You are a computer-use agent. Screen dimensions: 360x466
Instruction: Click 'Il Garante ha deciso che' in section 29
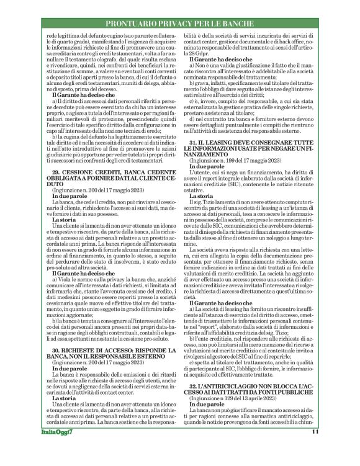pyautogui.click(x=84, y=290)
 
